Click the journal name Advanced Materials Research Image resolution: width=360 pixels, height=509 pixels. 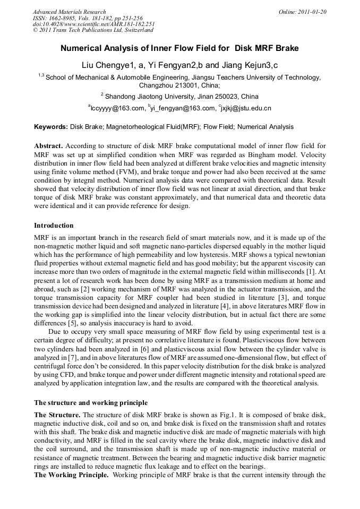click(x=69, y=12)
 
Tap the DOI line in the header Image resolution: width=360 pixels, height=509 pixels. click(x=93, y=24)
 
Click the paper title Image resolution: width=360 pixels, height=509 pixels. click(x=179, y=48)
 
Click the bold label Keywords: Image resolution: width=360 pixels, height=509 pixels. click(x=51, y=127)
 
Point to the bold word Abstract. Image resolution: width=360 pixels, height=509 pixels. click(x=49, y=145)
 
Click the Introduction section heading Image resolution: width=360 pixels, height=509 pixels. click(x=54, y=226)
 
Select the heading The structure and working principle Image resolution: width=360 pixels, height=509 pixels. click(x=91, y=403)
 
